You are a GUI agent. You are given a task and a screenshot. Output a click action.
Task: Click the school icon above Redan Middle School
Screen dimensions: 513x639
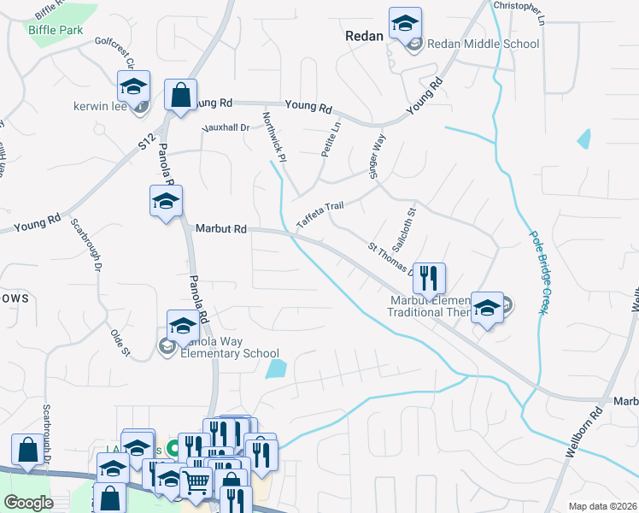coord(405,23)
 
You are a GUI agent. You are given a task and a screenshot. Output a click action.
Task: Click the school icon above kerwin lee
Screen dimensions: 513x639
coord(133,85)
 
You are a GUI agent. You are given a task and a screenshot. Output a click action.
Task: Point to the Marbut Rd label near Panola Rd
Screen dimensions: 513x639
coord(220,229)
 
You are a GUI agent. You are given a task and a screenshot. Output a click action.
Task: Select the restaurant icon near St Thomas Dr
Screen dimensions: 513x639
coord(429,277)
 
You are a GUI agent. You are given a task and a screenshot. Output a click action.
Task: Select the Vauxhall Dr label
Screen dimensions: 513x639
coord(225,127)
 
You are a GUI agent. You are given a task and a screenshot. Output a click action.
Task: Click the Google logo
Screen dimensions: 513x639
coord(29,503)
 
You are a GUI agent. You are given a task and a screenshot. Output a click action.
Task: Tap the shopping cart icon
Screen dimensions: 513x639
coord(196,483)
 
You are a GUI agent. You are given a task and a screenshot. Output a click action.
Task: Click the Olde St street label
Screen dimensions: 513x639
coord(120,339)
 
